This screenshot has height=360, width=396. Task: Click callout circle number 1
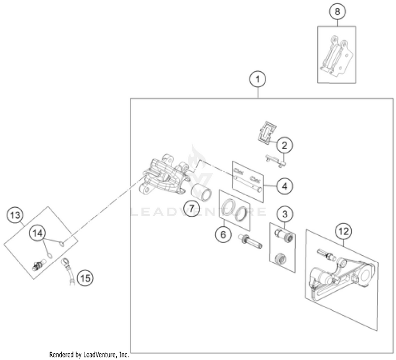pyautogui.click(x=258, y=80)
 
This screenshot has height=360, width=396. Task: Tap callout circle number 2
pyautogui.click(x=284, y=144)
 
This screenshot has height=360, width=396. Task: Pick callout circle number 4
pyautogui.click(x=284, y=186)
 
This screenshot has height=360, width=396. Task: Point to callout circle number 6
pyautogui.click(x=222, y=234)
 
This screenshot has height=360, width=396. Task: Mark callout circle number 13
pyautogui.click(x=16, y=215)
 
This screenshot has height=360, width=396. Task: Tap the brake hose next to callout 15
pyautogui.click(x=68, y=273)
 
